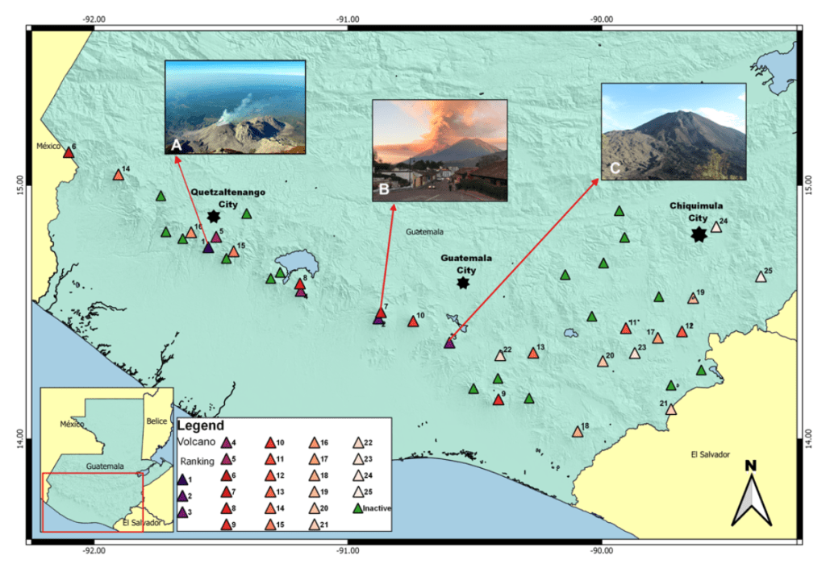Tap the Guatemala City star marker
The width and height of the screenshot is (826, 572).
pos(463,283)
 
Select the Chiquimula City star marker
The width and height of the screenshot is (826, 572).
pos(699,234)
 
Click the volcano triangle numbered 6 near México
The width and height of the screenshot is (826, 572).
pos(69,152)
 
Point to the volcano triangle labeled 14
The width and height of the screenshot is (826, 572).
pos(119,176)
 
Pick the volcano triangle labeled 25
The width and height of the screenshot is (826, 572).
pos(761,277)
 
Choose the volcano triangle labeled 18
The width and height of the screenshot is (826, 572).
pos(578,432)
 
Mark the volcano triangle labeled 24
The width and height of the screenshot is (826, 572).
pos(715,227)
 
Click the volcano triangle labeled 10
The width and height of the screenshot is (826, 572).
pos(413,321)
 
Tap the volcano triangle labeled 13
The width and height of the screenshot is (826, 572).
pos(533,353)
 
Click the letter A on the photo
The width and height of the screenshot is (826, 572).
pos(176,144)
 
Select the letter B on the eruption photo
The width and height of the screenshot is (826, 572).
pos(384,191)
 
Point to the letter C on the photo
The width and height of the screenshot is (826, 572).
pos(615,168)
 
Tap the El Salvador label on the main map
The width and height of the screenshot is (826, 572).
pos(710,454)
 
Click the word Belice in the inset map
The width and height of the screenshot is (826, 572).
pos(156,421)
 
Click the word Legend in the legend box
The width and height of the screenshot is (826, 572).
pos(200,425)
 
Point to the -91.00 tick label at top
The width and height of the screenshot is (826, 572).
pos(348,19)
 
